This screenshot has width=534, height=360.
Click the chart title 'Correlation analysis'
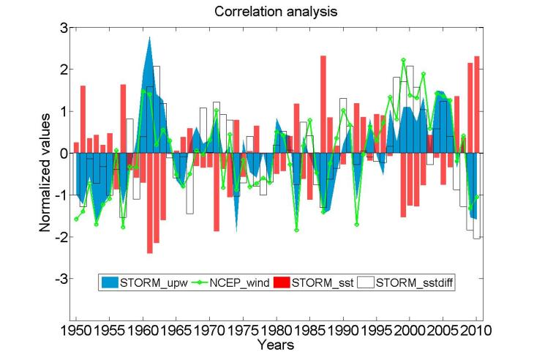pos(266,12)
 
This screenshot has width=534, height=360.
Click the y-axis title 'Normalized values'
pos(45,172)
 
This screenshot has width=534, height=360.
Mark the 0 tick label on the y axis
pos(64,154)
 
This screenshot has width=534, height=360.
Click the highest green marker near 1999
pos(403,60)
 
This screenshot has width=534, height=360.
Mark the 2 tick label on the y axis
pos(64,70)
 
